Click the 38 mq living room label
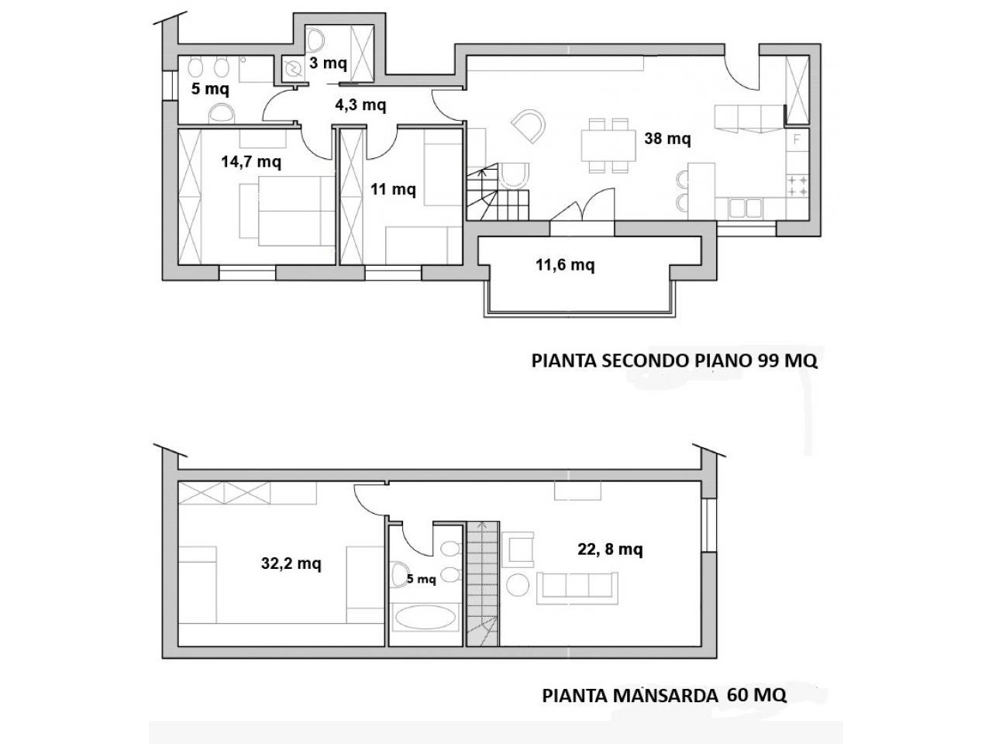click(x=667, y=139)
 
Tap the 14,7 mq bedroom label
click(x=251, y=161)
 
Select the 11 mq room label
click(x=393, y=189)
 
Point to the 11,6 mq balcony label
click(x=565, y=265)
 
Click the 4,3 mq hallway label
click(x=360, y=105)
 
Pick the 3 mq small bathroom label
click(x=328, y=64)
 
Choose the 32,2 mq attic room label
click(x=291, y=563)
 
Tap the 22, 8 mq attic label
click(x=610, y=549)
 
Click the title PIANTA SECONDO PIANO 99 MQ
click(x=674, y=361)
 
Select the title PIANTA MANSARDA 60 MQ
click(x=664, y=708)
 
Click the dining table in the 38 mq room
click(x=608, y=146)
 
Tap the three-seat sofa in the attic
click(x=577, y=587)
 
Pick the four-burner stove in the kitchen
click(x=797, y=186)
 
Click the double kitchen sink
click(x=745, y=208)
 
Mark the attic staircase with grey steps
click(x=483, y=584)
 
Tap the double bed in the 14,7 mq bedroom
click(x=289, y=211)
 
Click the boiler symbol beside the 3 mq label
click(x=293, y=69)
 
